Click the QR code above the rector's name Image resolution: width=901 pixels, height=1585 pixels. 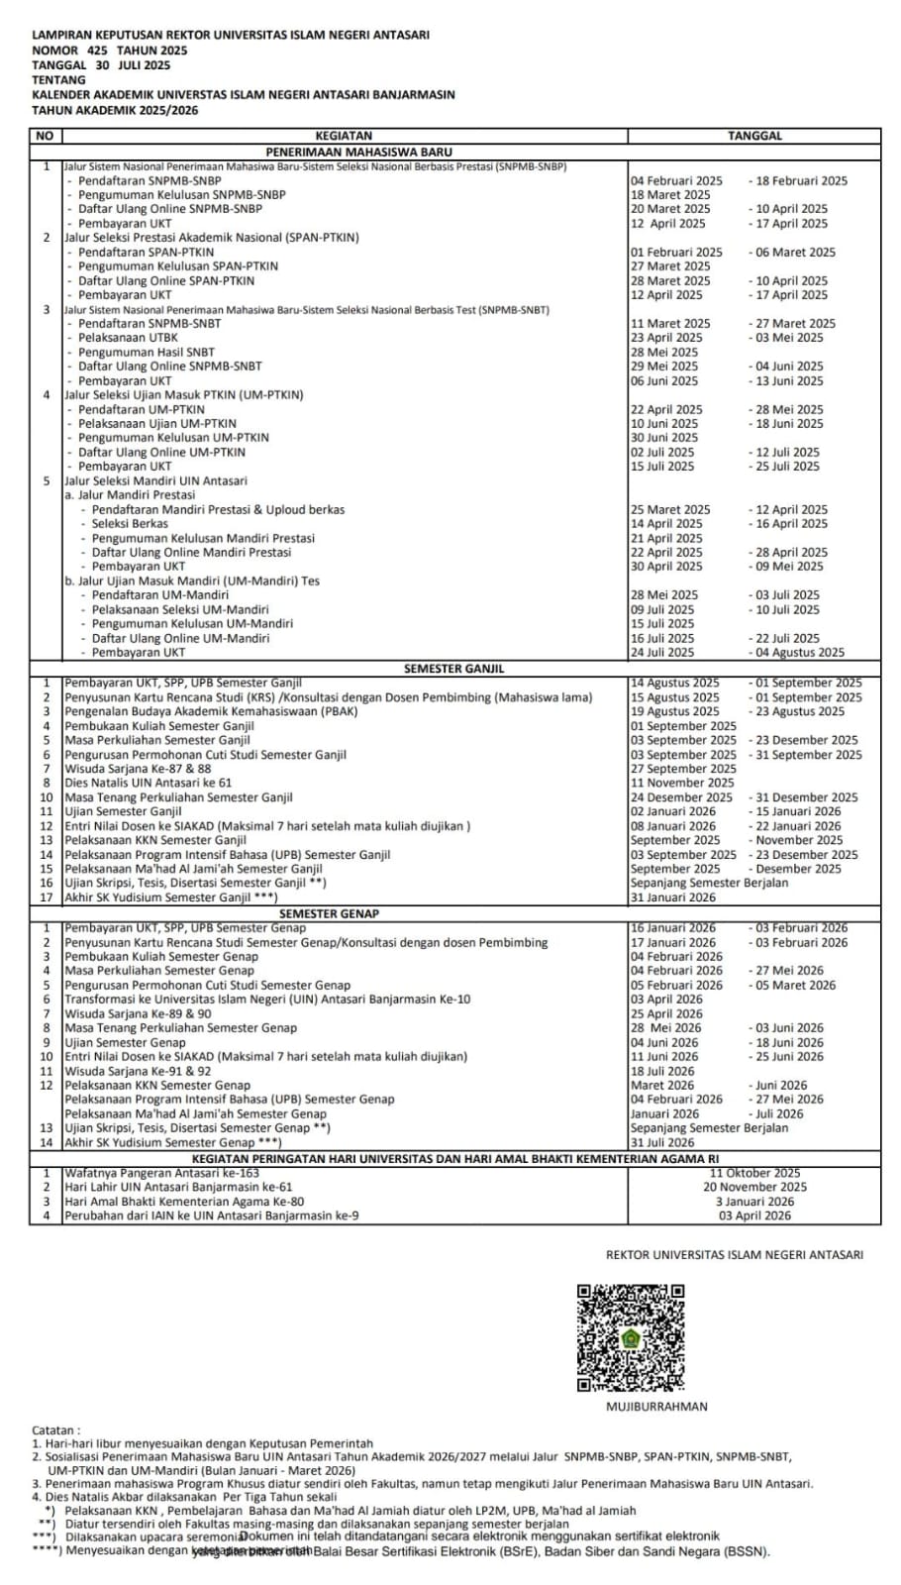(x=631, y=1337)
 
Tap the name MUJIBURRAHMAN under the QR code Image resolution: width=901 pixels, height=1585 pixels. (x=656, y=1406)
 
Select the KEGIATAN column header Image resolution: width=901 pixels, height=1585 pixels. (x=344, y=136)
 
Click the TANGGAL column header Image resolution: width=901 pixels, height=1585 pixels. (x=754, y=136)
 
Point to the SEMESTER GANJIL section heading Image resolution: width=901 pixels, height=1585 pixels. (x=453, y=669)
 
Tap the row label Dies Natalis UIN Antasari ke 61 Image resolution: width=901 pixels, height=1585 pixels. (x=149, y=783)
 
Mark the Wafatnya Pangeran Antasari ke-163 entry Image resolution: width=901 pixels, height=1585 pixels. (x=161, y=1173)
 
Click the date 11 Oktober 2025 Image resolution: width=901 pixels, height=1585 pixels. (x=754, y=1173)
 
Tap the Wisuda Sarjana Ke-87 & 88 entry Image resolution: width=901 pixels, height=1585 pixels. (x=138, y=769)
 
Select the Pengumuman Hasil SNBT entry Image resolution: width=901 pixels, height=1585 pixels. (x=146, y=352)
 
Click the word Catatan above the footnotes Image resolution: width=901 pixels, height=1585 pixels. (x=56, y=1430)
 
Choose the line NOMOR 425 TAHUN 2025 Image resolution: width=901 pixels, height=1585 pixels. (x=109, y=51)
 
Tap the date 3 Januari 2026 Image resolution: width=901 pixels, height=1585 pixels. (x=754, y=1202)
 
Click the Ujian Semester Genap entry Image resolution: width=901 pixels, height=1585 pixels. (x=125, y=1042)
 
